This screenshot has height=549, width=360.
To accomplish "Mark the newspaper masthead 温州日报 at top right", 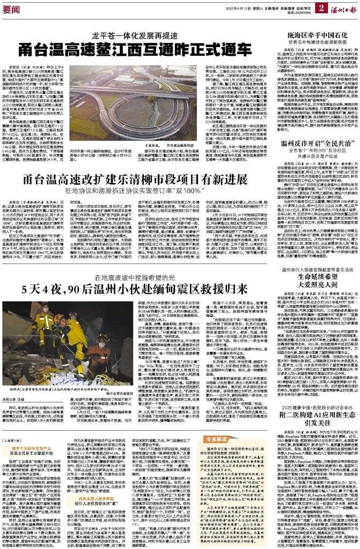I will point(344,8).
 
